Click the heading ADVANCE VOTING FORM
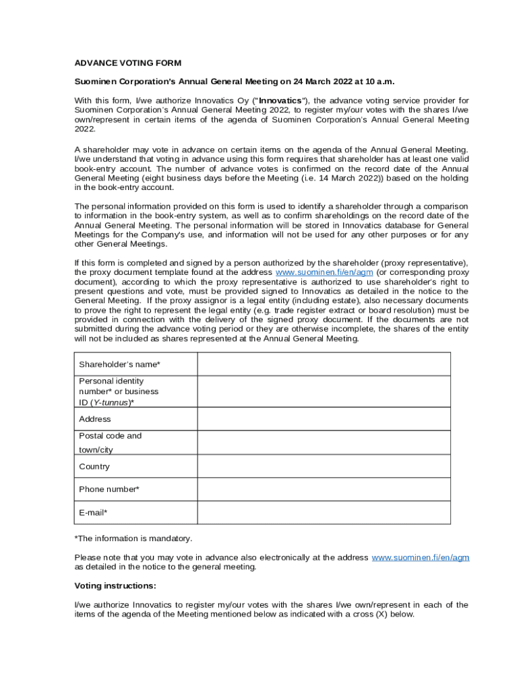127,63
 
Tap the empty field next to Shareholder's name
324,364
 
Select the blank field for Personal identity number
324,391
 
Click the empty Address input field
324,419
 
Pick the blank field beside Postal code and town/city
324,442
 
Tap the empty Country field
324,466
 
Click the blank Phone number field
324,489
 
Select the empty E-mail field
324,512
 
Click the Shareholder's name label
119,365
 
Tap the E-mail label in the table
93,513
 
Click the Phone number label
109,489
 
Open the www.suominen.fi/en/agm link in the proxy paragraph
325,272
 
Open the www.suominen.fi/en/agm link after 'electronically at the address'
421,557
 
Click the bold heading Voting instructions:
115,586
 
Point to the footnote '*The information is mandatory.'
133,538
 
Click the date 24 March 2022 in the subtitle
322,82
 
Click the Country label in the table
94,466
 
